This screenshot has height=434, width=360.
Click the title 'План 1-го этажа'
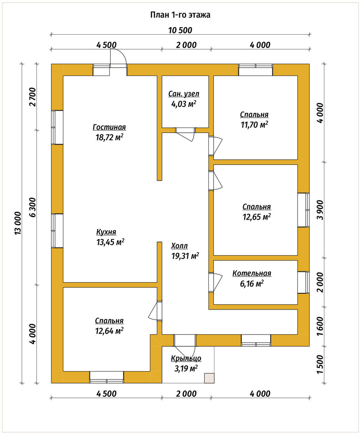pyautogui.click(x=180, y=15)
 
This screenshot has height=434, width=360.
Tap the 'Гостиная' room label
pyautogui.click(x=109, y=127)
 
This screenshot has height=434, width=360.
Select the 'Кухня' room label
pyautogui.click(x=106, y=232)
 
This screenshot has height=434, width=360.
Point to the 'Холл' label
pyautogui.click(x=179, y=246)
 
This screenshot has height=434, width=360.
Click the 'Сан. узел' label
pyautogui.click(x=184, y=94)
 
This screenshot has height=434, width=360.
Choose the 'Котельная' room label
pyautogui.click(x=252, y=273)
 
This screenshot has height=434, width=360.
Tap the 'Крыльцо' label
pyautogui.click(x=186, y=358)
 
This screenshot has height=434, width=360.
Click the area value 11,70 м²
pyautogui.click(x=254, y=125)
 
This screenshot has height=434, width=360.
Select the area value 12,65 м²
pyautogui.click(x=257, y=217)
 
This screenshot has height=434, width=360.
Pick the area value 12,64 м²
pyautogui.click(x=109, y=331)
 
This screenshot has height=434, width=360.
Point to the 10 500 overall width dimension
pyautogui.click(x=180, y=30)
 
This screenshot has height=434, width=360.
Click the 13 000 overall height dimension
pyautogui.click(x=18, y=224)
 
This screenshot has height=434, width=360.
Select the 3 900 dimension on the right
pyautogui.click(x=320, y=210)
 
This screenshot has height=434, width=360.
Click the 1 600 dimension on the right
pyautogui.click(x=320, y=326)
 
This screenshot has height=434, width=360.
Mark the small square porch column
pyautogui.click(x=209, y=378)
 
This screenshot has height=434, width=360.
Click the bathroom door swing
pyautogui.click(x=185, y=135)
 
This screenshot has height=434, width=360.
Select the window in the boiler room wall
pyautogui.click(x=304, y=282)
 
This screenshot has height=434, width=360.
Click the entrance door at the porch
pyautogui.click(x=185, y=340)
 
